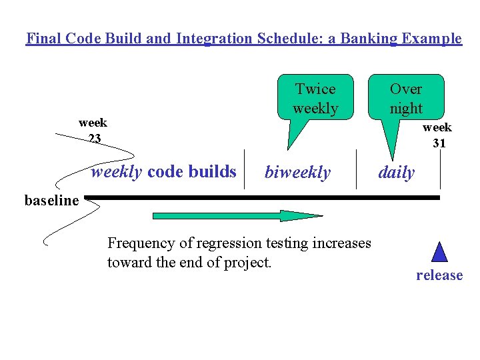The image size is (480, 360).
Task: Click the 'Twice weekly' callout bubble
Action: [x=315, y=98]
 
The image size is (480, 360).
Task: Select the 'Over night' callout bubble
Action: [x=406, y=98]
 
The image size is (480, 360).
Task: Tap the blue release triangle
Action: [x=439, y=251]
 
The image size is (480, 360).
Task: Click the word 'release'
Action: [x=439, y=275]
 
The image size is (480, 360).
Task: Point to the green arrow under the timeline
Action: [x=237, y=215]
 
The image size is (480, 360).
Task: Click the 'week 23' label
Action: [x=93, y=131]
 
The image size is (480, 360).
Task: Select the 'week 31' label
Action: [x=437, y=135]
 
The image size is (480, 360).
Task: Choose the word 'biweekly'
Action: [x=297, y=173]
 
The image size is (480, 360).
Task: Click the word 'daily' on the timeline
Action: [x=397, y=173]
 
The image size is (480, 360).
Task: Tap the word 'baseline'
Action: [x=51, y=200]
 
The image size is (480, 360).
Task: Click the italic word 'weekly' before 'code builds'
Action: [x=117, y=172]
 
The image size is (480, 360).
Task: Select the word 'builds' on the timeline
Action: [x=213, y=172]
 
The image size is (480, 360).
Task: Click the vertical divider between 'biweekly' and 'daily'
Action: [x=357, y=170]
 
